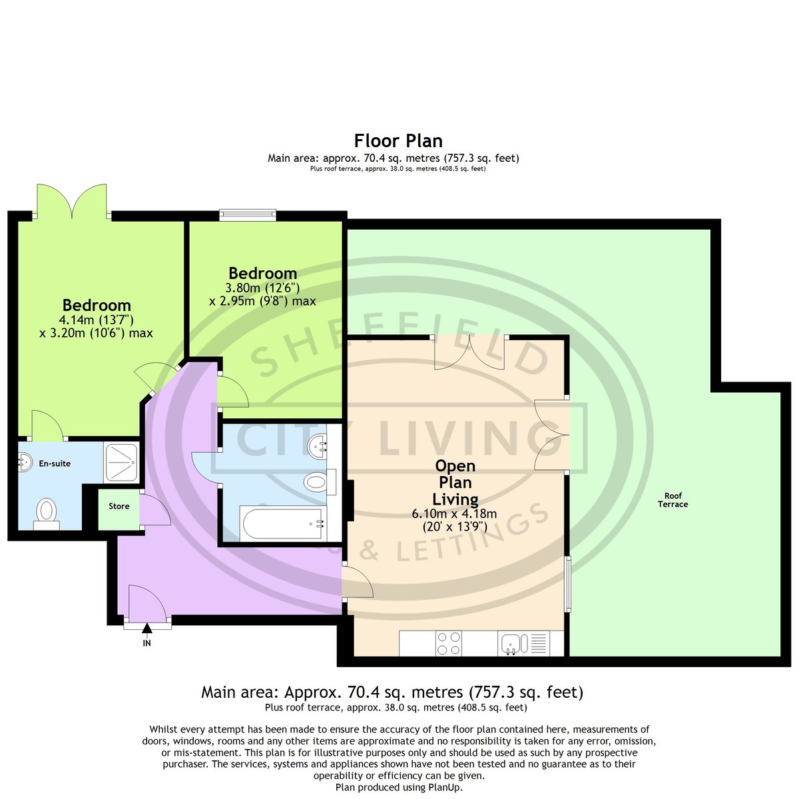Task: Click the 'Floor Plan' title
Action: click(x=398, y=141)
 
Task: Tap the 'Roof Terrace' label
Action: click(x=672, y=499)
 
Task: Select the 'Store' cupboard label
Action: click(x=119, y=506)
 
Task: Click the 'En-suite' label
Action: click(x=55, y=463)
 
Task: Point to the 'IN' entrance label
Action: click(x=146, y=643)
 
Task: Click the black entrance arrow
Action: click(x=146, y=629)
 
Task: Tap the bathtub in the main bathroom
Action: click(x=282, y=523)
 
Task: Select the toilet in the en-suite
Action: click(x=47, y=514)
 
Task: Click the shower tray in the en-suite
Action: click(x=121, y=462)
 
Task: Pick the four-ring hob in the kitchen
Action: click(x=449, y=643)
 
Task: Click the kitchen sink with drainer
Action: click(x=523, y=643)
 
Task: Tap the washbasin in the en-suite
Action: click(x=25, y=461)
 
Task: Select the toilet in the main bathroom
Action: click(x=320, y=482)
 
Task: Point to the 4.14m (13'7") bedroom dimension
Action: click(x=96, y=320)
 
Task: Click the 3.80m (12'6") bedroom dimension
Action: click(x=262, y=288)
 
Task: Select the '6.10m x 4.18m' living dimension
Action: click(x=454, y=514)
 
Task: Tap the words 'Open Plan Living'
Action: click(x=455, y=482)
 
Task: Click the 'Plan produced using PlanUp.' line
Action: click(x=399, y=787)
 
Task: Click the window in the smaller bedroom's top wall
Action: click(x=248, y=215)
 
